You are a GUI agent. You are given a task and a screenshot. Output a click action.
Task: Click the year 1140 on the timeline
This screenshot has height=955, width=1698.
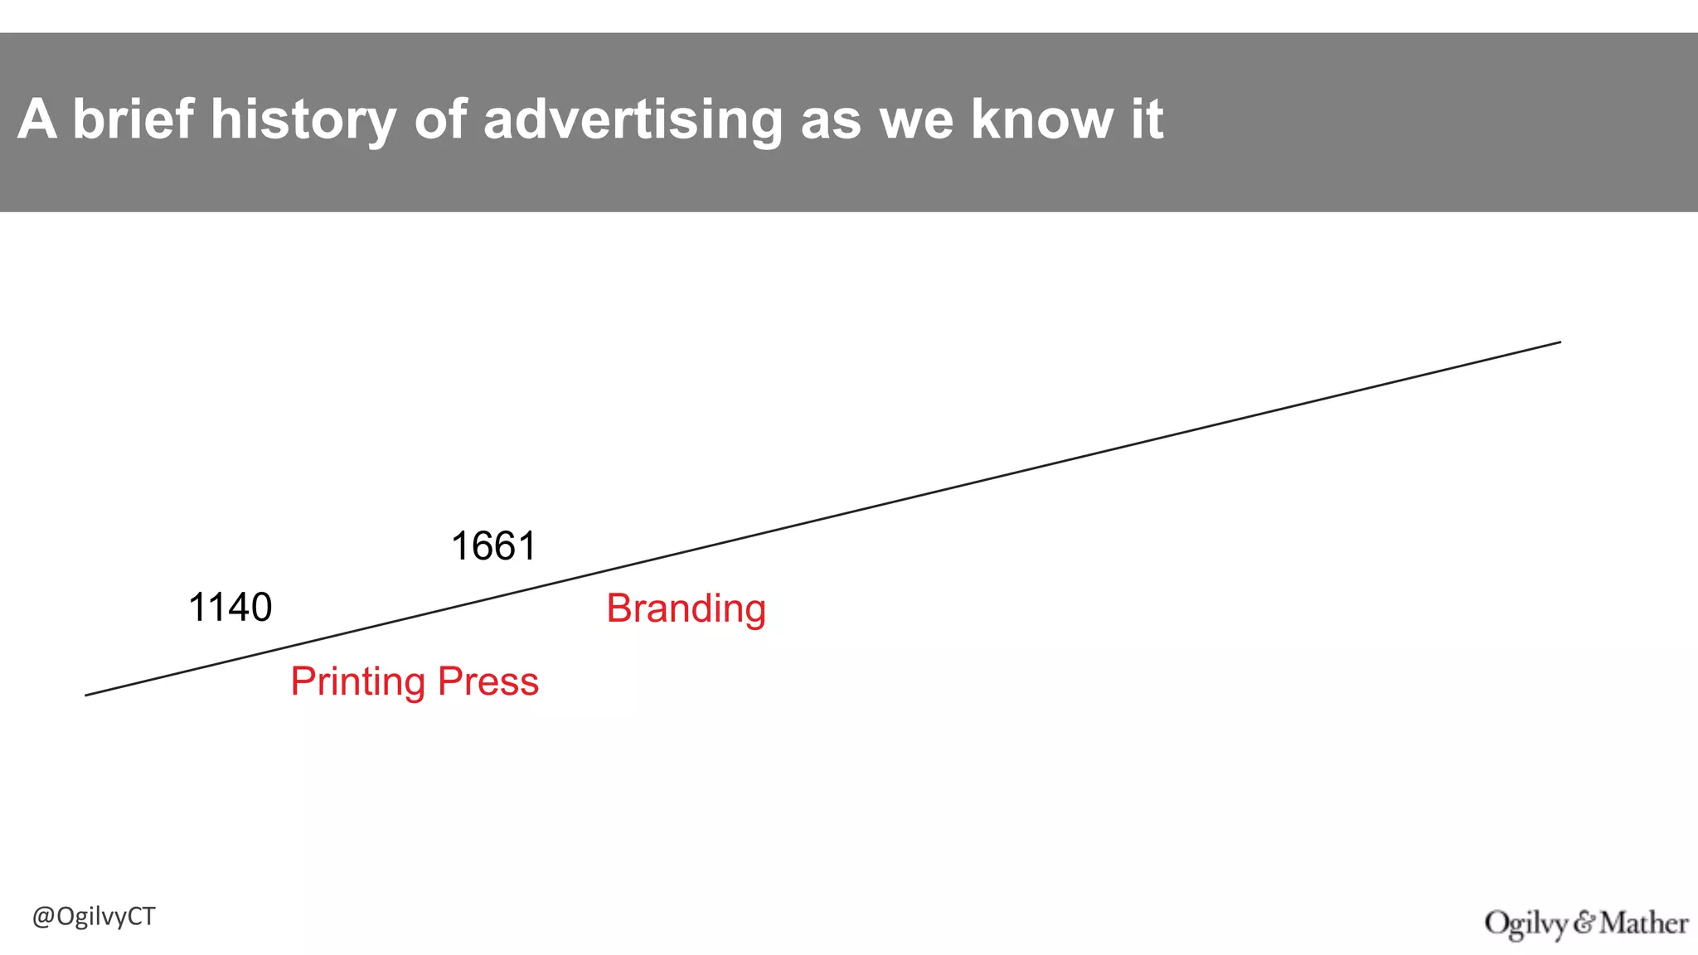click(x=230, y=608)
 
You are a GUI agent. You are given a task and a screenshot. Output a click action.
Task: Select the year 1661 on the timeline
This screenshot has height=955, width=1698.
click(x=493, y=547)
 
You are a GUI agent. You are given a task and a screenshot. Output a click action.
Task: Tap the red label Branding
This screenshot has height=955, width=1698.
click(x=686, y=609)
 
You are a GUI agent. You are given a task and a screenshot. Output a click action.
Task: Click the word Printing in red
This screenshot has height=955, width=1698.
click(x=357, y=682)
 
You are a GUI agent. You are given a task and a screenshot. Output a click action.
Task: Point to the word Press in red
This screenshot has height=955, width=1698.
click(x=488, y=681)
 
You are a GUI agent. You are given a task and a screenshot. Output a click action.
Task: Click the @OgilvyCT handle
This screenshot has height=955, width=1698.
click(x=94, y=917)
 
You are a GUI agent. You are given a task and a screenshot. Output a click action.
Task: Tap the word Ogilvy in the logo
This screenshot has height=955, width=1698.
click(x=1526, y=923)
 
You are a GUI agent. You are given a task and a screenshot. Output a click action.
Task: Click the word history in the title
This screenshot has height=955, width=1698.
click(x=303, y=119)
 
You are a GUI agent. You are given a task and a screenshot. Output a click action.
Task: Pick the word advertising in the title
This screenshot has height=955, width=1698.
click(x=633, y=121)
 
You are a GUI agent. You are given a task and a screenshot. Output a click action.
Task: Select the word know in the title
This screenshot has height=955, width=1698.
click(x=1041, y=119)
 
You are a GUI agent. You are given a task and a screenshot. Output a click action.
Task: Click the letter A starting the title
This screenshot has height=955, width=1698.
click(x=36, y=119)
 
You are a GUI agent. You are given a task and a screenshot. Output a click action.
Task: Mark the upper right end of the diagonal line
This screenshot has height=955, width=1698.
click(x=1560, y=342)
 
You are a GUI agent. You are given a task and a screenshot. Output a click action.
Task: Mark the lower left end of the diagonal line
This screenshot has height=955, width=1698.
click(x=86, y=695)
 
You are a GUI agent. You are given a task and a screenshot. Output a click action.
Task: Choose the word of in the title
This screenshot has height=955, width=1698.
click(x=440, y=119)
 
